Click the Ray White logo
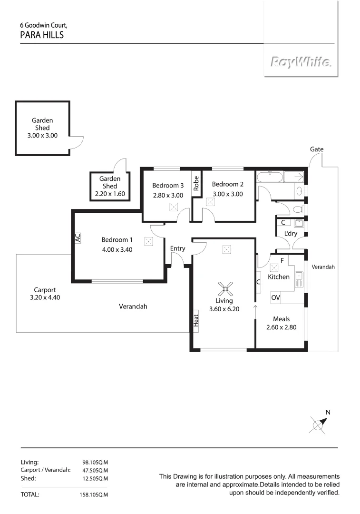(301, 62)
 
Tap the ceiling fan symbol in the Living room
(226, 287)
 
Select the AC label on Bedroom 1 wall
(78, 237)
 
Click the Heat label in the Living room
(195, 320)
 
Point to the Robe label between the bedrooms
(195, 184)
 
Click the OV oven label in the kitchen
(275, 297)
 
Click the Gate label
(317, 149)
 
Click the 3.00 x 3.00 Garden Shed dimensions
(42, 135)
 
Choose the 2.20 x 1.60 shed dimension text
(109, 194)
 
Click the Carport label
(45, 289)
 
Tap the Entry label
(177, 248)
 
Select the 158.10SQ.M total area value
(94, 495)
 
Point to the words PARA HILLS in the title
(42, 35)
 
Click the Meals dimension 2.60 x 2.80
(281, 327)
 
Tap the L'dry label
(291, 234)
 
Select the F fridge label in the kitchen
(282, 260)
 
